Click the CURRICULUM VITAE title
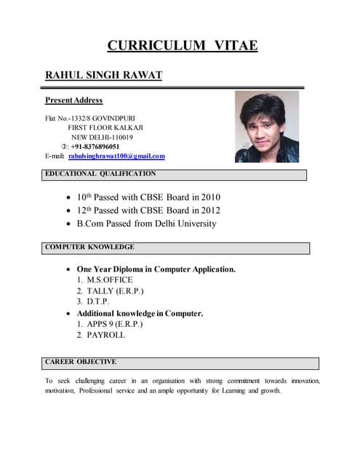click(x=182, y=46)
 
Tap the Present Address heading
click(x=73, y=100)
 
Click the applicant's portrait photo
click(x=266, y=126)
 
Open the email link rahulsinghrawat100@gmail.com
click(x=116, y=156)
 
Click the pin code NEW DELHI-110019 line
click(x=102, y=137)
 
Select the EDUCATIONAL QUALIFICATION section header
click(x=100, y=174)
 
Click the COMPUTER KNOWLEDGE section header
click(x=89, y=247)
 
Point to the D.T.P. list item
click(x=97, y=302)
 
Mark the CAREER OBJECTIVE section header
click(x=81, y=362)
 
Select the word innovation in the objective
click(x=305, y=381)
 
